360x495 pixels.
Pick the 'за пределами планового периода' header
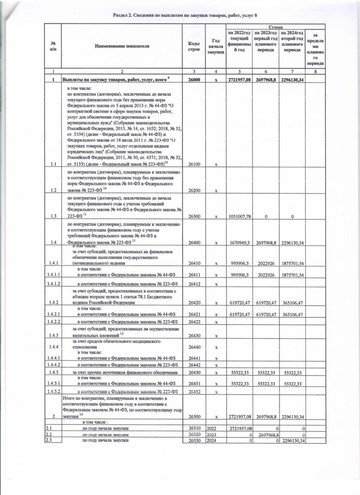click(316, 49)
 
